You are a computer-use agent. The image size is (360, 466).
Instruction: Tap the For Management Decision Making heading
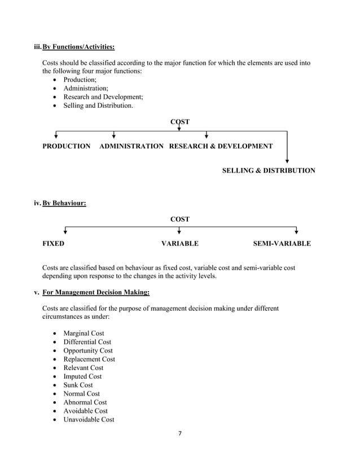pyautogui.click(x=96, y=292)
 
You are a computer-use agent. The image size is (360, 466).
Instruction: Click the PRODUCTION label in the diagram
pyautogui.click(x=67, y=146)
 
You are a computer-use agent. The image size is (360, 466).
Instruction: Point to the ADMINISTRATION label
pyautogui.click(x=131, y=146)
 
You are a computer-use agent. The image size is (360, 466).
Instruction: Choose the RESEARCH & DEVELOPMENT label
pyautogui.click(x=221, y=146)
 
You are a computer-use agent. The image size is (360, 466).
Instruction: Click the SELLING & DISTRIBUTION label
pyautogui.click(x=269, y=170)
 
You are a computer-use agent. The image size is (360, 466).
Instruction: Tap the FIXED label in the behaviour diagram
pyautogui.click(x=54, y=244)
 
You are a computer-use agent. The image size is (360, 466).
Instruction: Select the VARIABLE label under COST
pyautogui.click(x=180, y=244)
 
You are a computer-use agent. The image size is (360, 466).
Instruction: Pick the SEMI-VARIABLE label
pyautogui.click(x=282, y=244)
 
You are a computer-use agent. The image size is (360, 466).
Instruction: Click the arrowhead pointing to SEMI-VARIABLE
pyautogui.click(x=296, y=231)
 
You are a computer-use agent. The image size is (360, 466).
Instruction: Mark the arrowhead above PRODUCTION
pyautogui.click(x=55, y=135)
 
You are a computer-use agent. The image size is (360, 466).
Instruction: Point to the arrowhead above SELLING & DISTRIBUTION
pyautogui.click(x=287, y=161)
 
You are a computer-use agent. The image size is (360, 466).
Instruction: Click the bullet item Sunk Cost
pyautogui.click(x=78, y=385)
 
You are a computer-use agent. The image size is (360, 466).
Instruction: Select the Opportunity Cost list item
pyautogui.click(x=87, y=350)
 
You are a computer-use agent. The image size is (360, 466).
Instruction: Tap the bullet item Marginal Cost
pyautogui.click(x=84, y=333)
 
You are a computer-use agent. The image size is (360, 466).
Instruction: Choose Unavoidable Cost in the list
pyautogui.click(x=89, y=419)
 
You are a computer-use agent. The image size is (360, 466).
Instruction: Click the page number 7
pyautogui.click(x=179, y=434)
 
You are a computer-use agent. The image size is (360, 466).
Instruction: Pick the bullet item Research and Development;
pyautogui.click(x=99, y=96)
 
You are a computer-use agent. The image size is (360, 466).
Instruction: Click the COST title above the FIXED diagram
pyautogui.click(x=179, y=219)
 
